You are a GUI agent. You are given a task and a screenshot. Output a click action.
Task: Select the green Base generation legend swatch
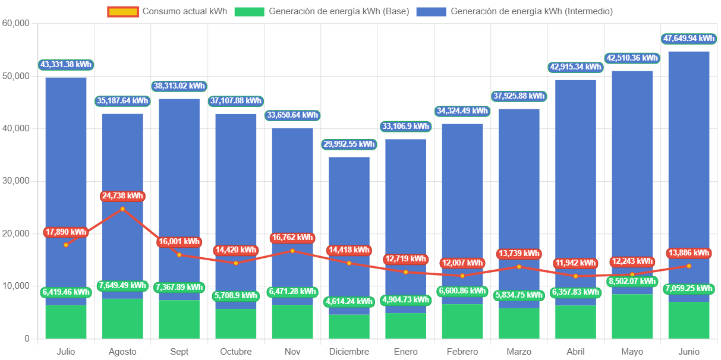coord(249,11)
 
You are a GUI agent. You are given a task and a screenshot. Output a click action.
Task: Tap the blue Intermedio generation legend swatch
coord(431,11)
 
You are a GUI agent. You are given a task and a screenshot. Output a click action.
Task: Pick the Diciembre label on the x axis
coord(349,352)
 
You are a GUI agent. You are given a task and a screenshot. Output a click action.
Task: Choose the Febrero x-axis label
coord(462,352)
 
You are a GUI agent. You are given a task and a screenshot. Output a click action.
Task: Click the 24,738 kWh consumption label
coord(122,196)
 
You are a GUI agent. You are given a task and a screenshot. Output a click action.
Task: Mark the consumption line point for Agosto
coord(122,209)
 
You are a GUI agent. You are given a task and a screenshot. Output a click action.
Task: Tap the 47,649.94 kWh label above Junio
coord(688,39)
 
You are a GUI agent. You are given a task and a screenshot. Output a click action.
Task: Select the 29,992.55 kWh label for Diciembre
coord(349,144)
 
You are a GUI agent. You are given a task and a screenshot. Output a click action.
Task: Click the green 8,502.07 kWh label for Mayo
coord(632,281)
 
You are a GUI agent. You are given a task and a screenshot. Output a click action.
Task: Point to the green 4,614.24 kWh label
coord(349,302)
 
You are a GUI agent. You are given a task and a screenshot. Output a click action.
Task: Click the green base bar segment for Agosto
coord(122,319)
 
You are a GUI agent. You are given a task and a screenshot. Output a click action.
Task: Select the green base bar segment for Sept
coord(179,320)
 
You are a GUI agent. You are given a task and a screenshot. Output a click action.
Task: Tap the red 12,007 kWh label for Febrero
coord(462,263)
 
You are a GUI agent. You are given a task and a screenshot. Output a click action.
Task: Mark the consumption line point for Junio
coord(688,266)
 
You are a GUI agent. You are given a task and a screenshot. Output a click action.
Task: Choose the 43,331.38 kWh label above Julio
coord(66,65)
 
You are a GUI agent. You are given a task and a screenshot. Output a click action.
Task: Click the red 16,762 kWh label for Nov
coord(292,238)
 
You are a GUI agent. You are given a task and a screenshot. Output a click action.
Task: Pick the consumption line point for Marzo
coord(519,267)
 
